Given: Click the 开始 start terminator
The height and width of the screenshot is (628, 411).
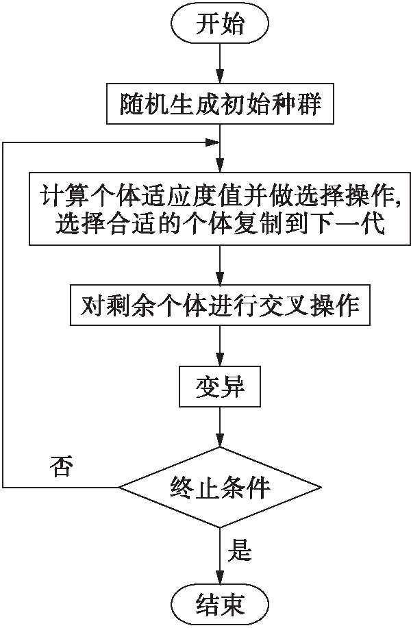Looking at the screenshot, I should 220,25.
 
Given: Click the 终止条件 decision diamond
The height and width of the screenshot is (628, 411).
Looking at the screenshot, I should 220,488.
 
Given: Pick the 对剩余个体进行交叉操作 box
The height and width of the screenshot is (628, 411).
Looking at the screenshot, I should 220,305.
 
